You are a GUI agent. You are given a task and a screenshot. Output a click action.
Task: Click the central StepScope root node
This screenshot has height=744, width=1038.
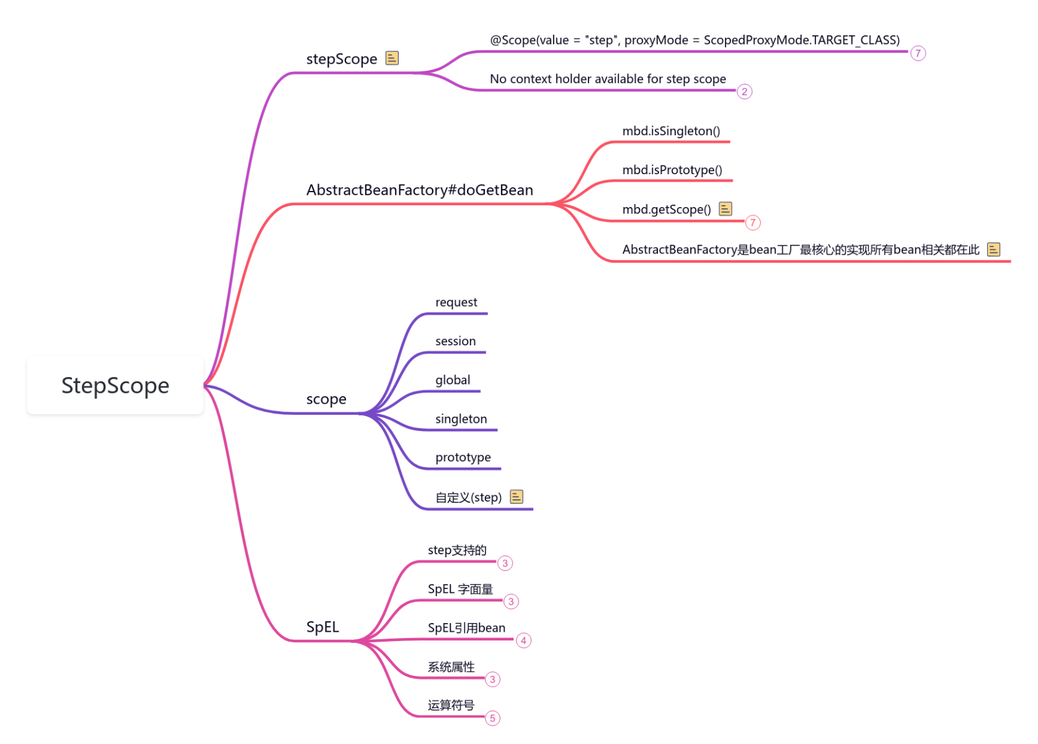pyautogui.click(x=115, y=386)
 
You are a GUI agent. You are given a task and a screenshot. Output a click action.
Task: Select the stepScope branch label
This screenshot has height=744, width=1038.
pyautogui.click(x=341, y=59)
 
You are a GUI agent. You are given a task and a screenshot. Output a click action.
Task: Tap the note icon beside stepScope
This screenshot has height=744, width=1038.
pyautogui.click(x=392, y=58)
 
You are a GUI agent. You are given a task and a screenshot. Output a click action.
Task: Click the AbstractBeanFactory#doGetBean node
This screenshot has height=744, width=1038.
pyautogui.click(x=419, y=190)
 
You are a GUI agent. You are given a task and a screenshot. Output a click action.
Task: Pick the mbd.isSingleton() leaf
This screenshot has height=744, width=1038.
pyautogui.click(x=671, y=131)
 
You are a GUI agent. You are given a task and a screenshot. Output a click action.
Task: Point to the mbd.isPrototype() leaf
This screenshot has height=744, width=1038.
pyautogui.click(x=672, y=170)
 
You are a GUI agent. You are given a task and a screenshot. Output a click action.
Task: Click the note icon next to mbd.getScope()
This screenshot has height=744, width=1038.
pyautogui.click(x=725, y=209)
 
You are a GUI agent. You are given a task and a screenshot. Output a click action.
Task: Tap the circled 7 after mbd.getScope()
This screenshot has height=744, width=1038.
pyautogui.click(x=753, y=223)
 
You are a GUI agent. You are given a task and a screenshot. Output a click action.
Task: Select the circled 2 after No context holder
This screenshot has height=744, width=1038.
pyautogui.click(x=745, y=92)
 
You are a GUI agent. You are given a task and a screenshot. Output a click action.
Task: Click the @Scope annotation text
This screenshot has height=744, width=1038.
pyautogui.click(x=694, y=40)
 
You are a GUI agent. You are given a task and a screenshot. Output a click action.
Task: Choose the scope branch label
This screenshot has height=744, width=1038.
pyautogui.click(x=326, y=399)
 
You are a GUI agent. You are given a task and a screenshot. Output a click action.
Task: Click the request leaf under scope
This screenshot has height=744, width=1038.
pyautogui.click(x=456, y=303)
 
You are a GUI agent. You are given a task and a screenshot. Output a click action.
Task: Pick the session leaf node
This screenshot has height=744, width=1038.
pyautogui.click(x=456, y=341)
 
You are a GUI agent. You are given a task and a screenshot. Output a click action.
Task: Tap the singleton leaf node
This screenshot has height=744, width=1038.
pyautogui.click(x=461, y=419)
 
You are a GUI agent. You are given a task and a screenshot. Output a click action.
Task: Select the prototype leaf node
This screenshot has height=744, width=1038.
pyautogui.click(x=463, y=458)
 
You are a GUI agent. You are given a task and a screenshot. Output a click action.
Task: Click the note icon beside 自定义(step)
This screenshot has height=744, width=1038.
pyautogui.click(x=517, y=497)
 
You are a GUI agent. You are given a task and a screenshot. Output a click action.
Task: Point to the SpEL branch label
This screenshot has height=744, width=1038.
pyautogui.click(x=322, y=627)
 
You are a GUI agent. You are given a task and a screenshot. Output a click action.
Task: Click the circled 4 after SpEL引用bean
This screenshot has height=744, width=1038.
pyautogui.click(x=523, y=640)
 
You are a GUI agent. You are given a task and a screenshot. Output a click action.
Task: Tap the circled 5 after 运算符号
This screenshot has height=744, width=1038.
pyautogui.click(x=492, y=719)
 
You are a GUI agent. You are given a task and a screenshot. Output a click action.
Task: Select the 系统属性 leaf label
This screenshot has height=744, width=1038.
pyautogui.click(x=451, y=667)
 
